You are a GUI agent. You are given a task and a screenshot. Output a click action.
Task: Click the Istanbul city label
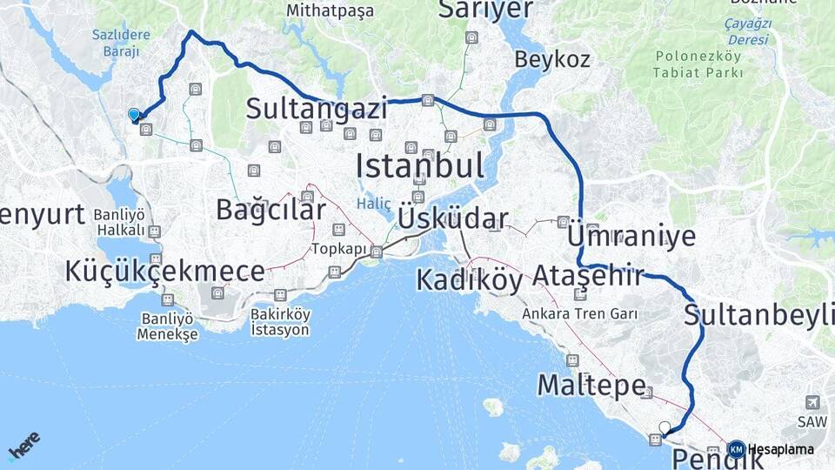click(419, 164)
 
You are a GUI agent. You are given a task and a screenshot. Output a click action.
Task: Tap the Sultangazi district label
click(316, 109)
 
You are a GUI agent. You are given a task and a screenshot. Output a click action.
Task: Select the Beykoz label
click(552, 60)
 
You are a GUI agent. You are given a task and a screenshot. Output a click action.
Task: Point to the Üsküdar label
click(453, 217)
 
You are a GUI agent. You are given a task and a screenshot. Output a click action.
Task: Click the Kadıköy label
click(469, 280)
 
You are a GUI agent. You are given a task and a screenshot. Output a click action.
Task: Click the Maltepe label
click(591, 384)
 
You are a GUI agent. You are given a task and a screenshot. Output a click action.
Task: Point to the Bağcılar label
click(271, 209)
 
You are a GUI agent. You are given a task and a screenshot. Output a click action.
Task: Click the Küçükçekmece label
click(164, 272)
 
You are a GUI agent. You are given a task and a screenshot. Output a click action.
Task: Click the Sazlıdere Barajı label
click(120, 44)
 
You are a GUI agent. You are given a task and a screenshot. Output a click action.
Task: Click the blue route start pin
click(134, 114)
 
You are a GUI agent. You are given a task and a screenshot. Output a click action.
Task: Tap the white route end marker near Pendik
click(665, 427)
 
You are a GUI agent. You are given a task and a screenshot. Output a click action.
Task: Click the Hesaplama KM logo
click(737, 449)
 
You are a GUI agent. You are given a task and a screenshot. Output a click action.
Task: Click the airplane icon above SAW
click(812, 402)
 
